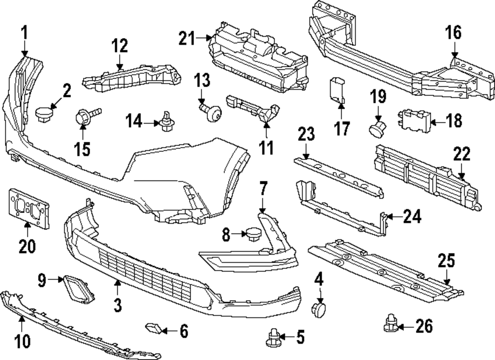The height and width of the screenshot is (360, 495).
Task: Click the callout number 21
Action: (187, 38)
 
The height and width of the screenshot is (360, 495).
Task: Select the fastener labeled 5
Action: (273, 339)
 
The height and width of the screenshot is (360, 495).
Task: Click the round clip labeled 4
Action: (318, 309)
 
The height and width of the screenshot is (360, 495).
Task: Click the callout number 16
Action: (454, 33)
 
